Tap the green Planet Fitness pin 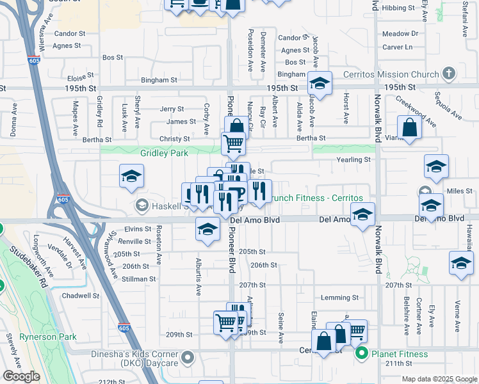tap(362, 353)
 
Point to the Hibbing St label tap(398, 8)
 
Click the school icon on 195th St tap(319, 83)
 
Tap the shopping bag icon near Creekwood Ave tap(409, 127)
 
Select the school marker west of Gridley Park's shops tap(131, 176)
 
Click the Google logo tap(21, 376)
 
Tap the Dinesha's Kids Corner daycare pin tap(187, 356)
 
